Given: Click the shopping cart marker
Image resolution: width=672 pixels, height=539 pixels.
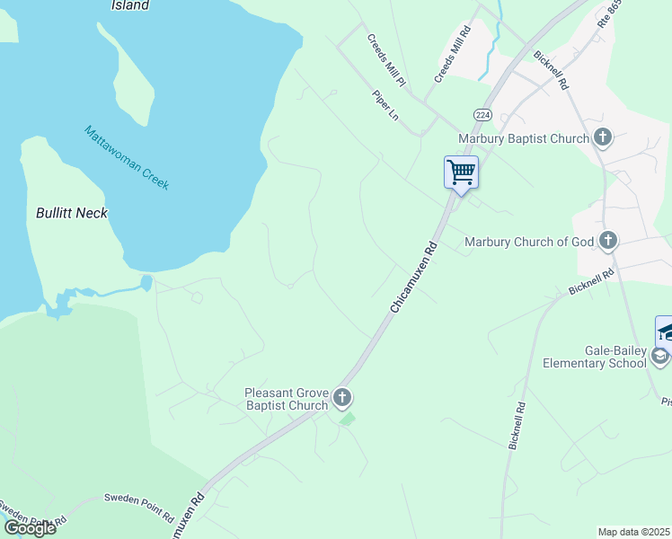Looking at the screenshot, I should click(461, 172).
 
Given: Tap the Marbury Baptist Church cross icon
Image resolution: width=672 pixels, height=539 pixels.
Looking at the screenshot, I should click(603, 137).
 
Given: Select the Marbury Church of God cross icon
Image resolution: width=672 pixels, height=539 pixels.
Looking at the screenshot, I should click(609, 240).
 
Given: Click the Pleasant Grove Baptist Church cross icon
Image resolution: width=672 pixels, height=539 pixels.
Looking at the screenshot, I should click(341, 397).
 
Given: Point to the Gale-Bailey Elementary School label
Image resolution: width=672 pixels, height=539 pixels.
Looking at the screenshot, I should click(594, 357).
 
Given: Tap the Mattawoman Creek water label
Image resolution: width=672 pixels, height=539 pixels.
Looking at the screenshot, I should click(127, 157).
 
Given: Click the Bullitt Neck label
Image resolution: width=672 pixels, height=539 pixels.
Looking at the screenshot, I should click(72, 213).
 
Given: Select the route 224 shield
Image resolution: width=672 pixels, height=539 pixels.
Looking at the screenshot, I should click(482, 115).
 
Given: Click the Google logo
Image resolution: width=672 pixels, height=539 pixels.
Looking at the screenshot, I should click(30, 527).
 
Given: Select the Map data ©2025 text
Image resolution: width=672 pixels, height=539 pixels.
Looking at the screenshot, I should click(634, 532).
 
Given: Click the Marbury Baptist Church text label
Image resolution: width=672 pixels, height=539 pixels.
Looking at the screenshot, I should click(523, 138).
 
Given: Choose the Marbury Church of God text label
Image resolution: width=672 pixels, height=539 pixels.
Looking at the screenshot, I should click(530, 241).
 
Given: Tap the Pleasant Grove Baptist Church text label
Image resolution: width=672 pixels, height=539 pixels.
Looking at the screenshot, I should click(286, 399).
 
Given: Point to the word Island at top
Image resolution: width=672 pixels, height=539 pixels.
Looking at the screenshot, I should click(129, 5).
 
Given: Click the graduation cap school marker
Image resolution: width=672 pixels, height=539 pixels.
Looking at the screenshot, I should click(666, 331).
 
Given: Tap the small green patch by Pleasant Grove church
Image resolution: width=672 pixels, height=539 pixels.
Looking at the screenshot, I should click(348, 419).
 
